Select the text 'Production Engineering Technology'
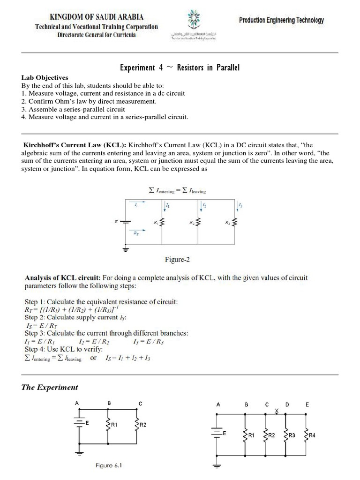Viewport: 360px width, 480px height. coord(281,21)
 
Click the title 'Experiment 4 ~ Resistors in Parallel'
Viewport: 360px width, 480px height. coord(180,67)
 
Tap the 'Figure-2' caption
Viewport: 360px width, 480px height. coord(177,259)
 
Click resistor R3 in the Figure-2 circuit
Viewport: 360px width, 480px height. coord(235,221)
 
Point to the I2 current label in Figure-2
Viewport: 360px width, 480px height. coord(204,205)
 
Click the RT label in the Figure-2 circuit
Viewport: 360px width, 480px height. coord(136,232)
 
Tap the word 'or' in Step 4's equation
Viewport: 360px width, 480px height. coord(94,358)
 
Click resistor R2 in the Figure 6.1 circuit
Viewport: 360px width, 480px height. coord(137,425)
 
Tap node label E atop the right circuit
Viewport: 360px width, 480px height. coord(307,404)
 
